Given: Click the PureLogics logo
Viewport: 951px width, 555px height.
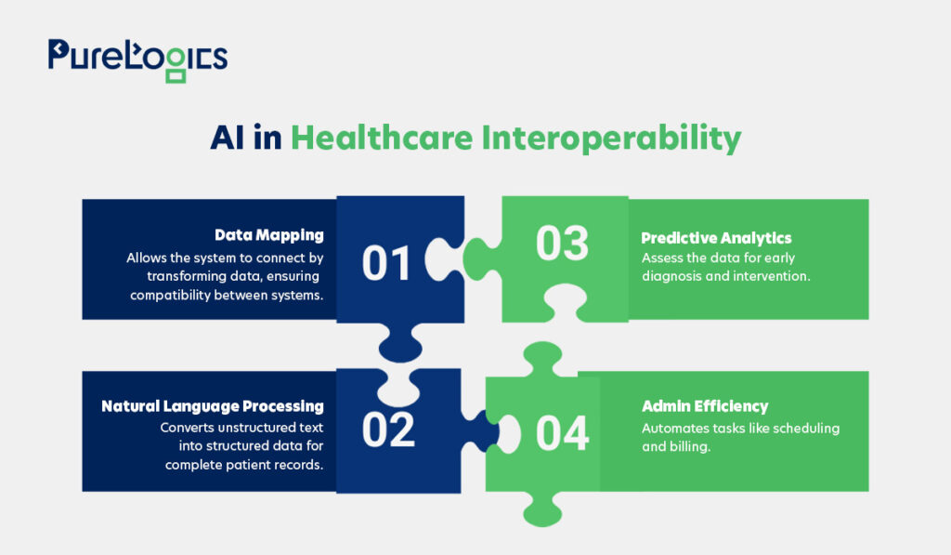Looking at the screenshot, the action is coord(137,60).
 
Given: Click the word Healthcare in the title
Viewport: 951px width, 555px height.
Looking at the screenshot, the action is coord(382,138).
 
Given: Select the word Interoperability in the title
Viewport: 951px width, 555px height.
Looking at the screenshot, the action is coord(611,139).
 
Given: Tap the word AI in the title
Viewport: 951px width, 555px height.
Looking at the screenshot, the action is coord(227,138).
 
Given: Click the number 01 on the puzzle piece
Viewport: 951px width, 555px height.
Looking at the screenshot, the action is coord(386,263).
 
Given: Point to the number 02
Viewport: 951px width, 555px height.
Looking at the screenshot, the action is coord(388,429).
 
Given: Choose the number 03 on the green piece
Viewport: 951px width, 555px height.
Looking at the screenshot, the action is coord(562,244).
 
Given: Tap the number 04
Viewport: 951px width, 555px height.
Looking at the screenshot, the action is coord(562,433).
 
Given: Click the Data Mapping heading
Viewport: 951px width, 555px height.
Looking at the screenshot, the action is coord(269,235).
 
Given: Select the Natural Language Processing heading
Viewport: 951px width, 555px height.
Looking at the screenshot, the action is coord(213,406).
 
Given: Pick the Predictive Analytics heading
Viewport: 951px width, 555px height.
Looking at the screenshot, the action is coord(716,238).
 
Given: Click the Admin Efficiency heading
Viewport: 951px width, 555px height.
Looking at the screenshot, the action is coord(705,406).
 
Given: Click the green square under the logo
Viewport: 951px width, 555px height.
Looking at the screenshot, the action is coord(176,76).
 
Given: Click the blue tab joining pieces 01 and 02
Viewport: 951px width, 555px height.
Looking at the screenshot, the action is coord(400,344).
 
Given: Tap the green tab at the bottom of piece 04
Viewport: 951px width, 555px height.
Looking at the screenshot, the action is coord(542,509).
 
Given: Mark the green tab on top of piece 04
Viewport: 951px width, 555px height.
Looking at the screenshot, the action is coord(542,358).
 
